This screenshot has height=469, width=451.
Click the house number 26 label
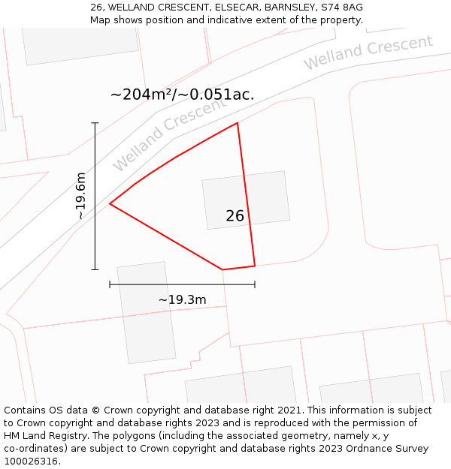(x=235, y=216)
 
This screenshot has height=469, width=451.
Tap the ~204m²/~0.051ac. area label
(x=182, y=95)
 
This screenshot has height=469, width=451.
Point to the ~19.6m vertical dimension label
(x=80, y=196)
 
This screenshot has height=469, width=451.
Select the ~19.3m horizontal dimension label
(x=182, y=300)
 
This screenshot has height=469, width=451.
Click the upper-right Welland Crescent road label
(x=368, y=52)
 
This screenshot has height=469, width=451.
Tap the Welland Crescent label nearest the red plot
(x=168, y=134)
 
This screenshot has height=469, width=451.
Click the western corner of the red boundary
(x=110, y=203)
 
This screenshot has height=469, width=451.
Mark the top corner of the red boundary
(x=238, y=123)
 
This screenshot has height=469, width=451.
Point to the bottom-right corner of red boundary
(x=255, y=266)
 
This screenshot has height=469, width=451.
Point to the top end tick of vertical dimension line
(x=95, y=123)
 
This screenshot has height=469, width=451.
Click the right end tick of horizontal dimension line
(x=255, y=284)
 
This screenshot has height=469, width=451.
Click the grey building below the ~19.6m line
(x=146, y=312)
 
